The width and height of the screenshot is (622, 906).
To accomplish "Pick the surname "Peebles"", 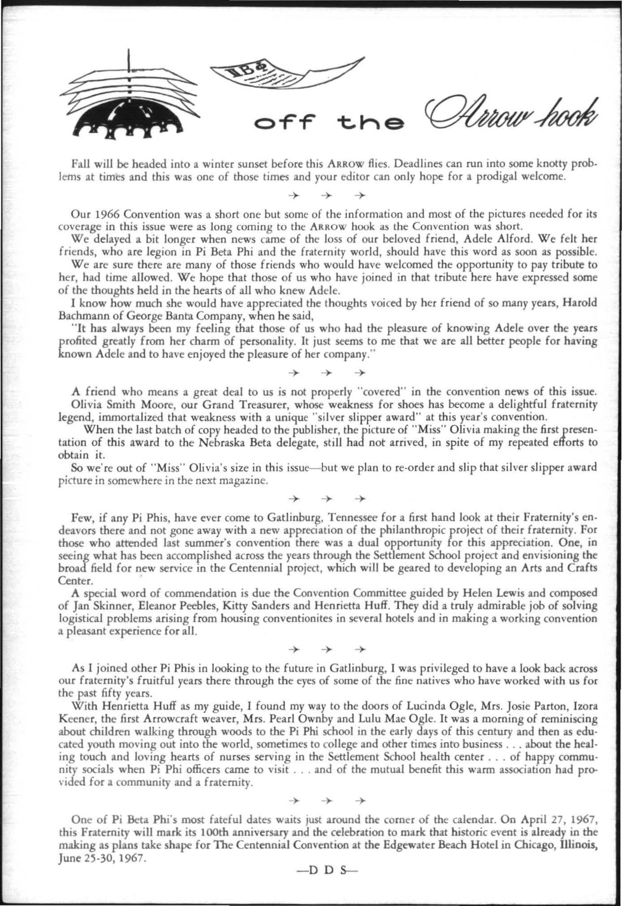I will coord(228,606).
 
